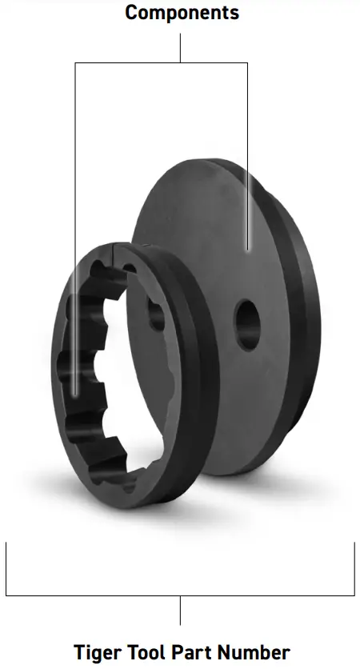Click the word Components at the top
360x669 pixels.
[182, 13]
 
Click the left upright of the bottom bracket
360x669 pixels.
[6, 568]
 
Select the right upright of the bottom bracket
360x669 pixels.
[354, 568]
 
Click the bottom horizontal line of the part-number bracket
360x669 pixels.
[96, 595]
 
